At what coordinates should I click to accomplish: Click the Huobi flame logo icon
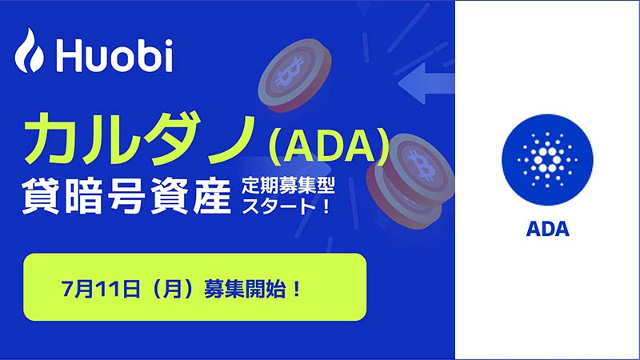29,50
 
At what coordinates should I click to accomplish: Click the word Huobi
114,54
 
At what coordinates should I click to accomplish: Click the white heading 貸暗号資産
126,197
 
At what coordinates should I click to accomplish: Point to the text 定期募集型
288,186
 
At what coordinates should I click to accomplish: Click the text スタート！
286,206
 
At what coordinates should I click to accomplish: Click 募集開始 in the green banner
245,289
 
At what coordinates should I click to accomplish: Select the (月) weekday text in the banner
172,289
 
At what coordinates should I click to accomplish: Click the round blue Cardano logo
547,159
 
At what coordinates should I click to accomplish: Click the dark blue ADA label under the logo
547,230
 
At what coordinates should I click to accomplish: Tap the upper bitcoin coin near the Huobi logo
294,75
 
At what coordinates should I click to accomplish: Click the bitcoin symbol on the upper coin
290,72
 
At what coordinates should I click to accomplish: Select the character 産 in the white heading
212,197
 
